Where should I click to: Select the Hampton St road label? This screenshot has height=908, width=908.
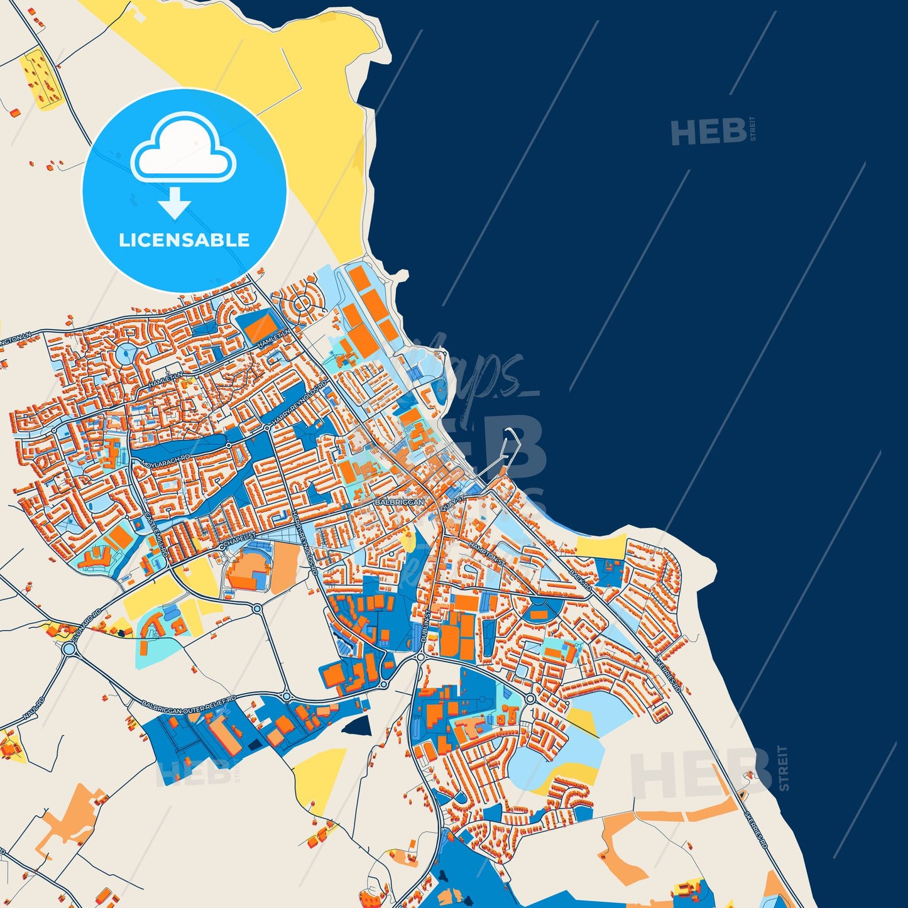(486, 550)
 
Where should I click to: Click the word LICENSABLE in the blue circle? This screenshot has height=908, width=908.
(184, 240)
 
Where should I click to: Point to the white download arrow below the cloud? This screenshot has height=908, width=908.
(175, 202)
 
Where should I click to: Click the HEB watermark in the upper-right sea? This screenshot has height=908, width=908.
(709, 131)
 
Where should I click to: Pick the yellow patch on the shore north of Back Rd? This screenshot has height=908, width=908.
(602, 546)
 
